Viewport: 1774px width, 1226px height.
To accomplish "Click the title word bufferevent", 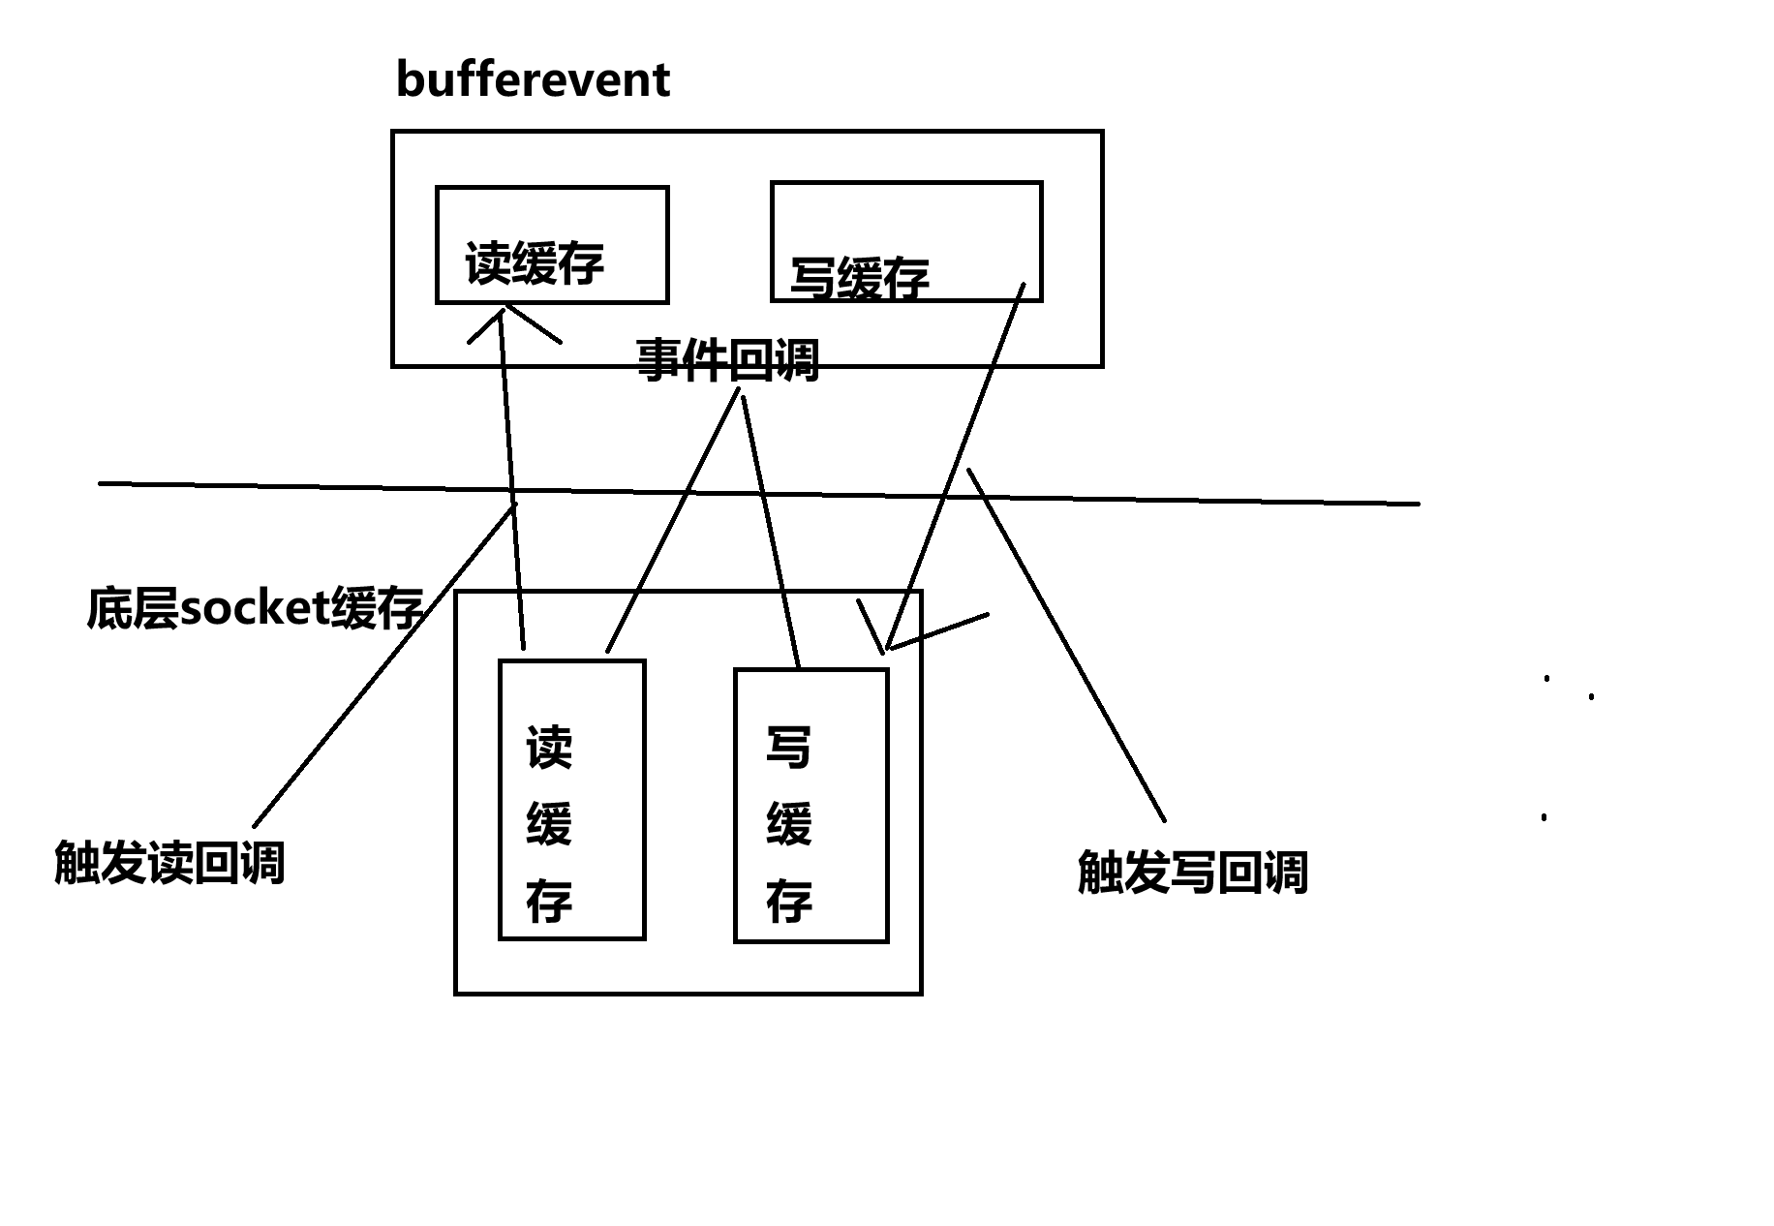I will (x=533, y=80).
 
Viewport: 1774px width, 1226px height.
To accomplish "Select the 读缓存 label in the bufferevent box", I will (x=535, y=263).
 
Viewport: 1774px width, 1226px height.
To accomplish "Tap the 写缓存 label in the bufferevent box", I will (x=860, y=278).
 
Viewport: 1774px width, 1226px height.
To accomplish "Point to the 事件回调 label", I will (x=727, y=361).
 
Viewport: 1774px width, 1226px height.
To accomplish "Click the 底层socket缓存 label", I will (x=255, y=609).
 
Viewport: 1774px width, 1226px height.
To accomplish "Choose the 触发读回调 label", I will (x=169, y=863).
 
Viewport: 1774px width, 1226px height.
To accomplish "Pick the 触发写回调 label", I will (x=1192, y=872).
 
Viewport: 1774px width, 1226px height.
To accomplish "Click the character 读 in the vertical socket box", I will (x=549, y=749).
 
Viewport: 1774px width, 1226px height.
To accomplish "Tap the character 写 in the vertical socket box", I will (x=788, y=749).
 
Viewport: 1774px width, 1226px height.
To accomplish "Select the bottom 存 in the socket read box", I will (x=549, y=902).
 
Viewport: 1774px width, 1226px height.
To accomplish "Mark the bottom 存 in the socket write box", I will (x=788, y=902).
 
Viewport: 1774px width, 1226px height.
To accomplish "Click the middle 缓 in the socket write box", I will (x=788, y=825).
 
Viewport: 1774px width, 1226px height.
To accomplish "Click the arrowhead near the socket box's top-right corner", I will (x=888, y=645).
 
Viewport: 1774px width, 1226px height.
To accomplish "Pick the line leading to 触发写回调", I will (x=1065, y=644).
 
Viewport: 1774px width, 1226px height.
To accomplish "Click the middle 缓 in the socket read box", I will (x=549, y=825).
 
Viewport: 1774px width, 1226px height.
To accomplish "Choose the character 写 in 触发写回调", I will (x=1192, y=872).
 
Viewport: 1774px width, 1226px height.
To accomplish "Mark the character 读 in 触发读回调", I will (x=169, y=863).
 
